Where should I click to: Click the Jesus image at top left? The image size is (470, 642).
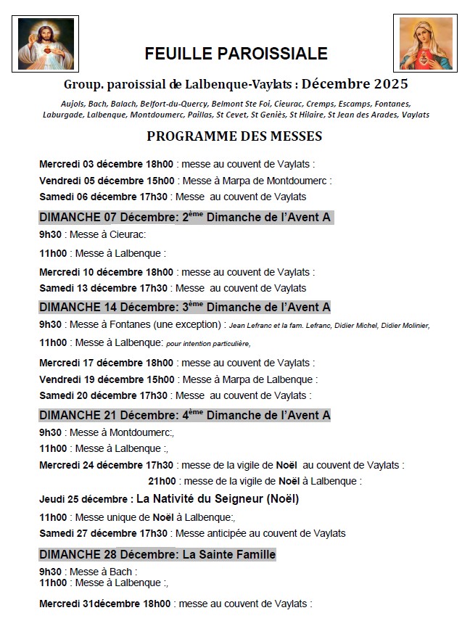[46, 44]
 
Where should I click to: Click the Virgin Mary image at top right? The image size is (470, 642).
[426, 44]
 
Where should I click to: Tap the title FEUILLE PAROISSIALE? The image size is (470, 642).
[236, 54]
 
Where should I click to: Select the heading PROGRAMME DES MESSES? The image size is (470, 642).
[234, 136]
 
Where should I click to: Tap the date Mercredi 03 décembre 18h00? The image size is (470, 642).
[106, 165]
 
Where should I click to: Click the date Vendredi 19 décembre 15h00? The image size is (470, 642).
[107, 379]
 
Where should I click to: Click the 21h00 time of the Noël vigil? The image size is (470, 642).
[162, 480]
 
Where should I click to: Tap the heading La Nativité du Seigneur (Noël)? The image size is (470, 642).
[218, 498]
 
